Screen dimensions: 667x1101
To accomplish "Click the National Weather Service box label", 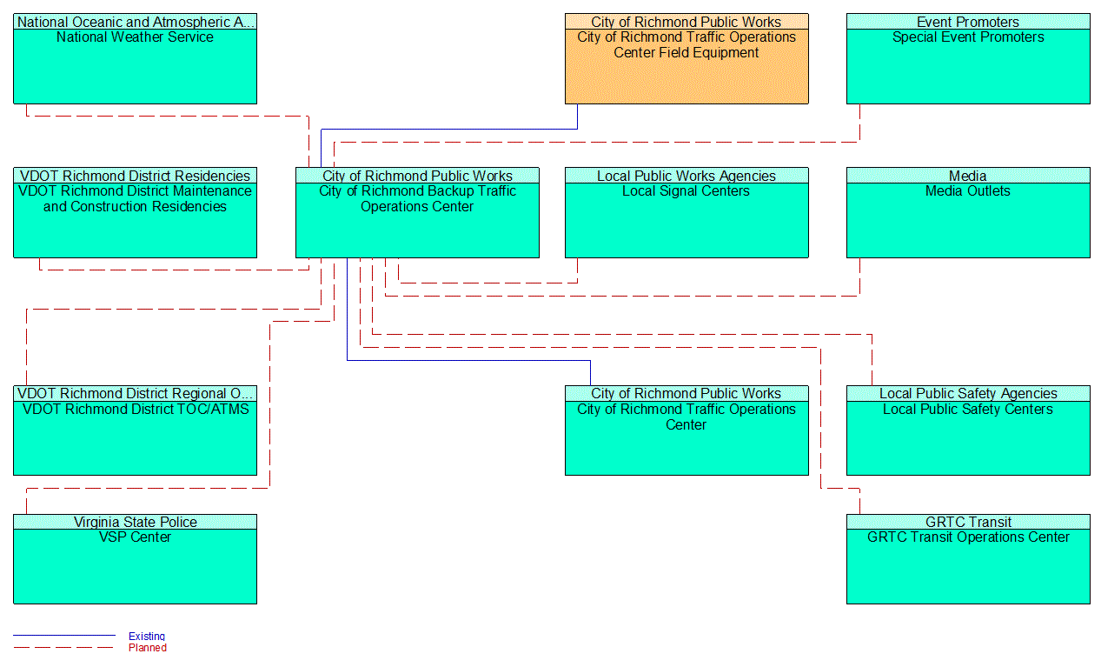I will tap(135, 37).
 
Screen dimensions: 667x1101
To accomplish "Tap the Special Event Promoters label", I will tap(968, 37).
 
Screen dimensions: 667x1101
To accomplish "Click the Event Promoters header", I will tap(968, 22).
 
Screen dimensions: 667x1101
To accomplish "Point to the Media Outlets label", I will tap(968, 191).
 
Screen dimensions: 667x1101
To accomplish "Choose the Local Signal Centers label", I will tap(686, 191).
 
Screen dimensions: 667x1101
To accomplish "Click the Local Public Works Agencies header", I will tap(686, 176).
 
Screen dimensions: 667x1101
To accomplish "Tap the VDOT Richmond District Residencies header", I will tap(135, 176).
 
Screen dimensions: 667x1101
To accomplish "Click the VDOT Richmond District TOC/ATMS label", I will tap(135, 410).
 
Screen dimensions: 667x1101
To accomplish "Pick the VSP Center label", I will tap(135, 537).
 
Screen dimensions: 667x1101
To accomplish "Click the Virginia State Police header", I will tap(135, 522).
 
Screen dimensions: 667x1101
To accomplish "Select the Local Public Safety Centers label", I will tap(968, 410).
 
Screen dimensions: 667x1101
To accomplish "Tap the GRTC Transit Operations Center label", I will tap(968, 537).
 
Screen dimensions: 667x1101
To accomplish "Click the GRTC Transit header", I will tap(968, 522).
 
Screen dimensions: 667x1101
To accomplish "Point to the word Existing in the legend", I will tap(147, 637).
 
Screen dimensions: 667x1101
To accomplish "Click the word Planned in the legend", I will tap(148, 648).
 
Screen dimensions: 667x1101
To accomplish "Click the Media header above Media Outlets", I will tap(968, 176).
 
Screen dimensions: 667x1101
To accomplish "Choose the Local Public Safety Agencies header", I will tap(968, 394).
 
